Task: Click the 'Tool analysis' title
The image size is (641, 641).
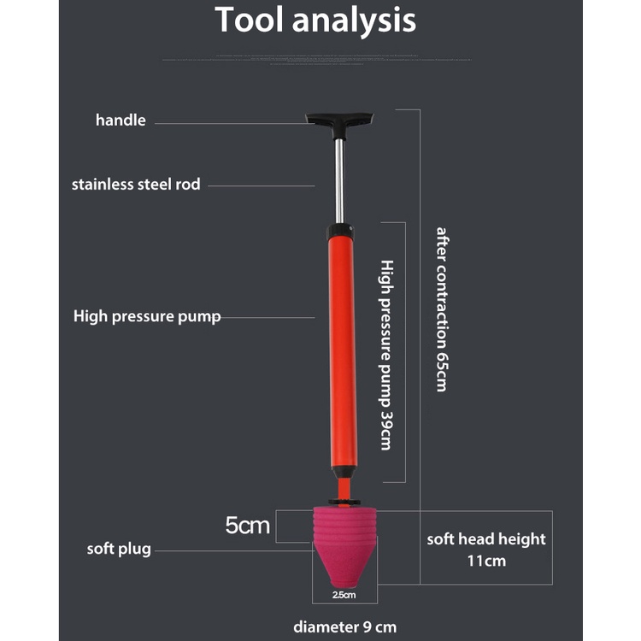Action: pos(315,21)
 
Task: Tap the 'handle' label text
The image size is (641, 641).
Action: pos(121,121)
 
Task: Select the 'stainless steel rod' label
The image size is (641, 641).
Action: pos(136,184)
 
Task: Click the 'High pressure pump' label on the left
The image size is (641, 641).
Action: pos(147,316)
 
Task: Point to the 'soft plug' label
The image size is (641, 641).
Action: pos(119,549)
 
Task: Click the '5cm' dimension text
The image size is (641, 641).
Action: pos(247,526)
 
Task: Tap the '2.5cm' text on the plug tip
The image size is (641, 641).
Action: pos(342,594)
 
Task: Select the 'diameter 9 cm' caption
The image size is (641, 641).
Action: pos(344,626)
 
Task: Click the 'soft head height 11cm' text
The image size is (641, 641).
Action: pos(486,550)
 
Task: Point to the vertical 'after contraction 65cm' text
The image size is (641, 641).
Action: pos(441,309)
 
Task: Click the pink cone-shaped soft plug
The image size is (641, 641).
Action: pos(339,547)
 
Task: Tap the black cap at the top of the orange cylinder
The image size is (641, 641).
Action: pos(339,231)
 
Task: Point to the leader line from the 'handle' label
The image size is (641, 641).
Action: pos(231,123)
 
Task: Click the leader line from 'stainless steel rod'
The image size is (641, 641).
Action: pos(261,185)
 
